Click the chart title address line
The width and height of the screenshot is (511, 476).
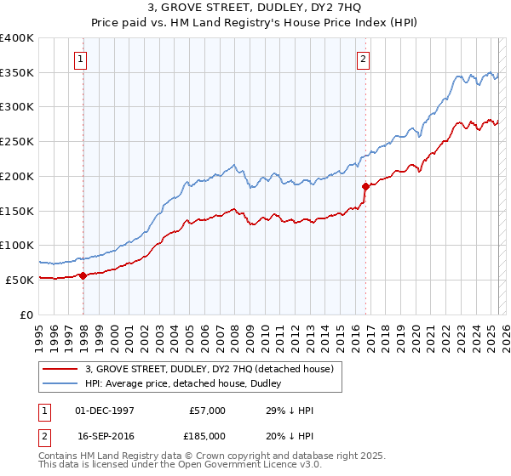point(255,8)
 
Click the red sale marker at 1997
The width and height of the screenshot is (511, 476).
point(83,275)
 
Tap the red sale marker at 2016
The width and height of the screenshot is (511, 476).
point(365,186)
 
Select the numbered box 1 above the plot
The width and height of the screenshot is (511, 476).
point(80,59)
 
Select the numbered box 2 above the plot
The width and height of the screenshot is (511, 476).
point(363,59)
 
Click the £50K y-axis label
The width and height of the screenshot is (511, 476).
point(20,280)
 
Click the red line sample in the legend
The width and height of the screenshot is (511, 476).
point(60,368)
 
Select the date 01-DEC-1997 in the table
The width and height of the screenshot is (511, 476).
point(106,411)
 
